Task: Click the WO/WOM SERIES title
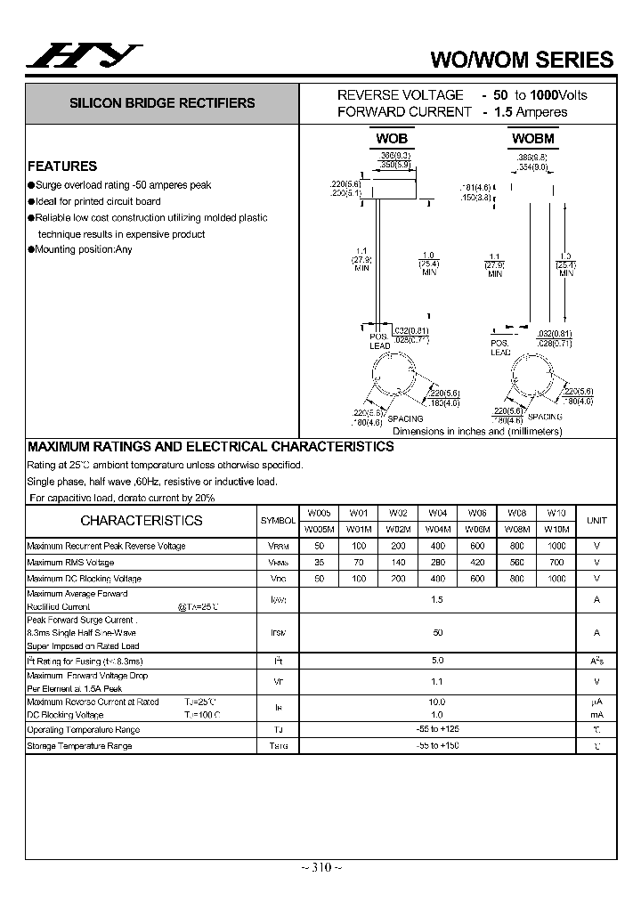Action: [x=522, y=60]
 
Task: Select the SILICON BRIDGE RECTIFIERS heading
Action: [x=162, y=103]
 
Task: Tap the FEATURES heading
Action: [x=62, y=166]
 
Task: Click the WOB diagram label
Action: [x=391, y=139]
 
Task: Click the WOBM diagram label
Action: [x=532, y=139]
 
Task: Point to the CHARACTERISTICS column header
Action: [x=142, y=521]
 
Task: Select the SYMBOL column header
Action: [x=278, y=521]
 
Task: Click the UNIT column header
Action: [x=596, y=521]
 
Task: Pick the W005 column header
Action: [x=319, y=513]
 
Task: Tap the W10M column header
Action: [x=556, y=529]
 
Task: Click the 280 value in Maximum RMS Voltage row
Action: [x=437, y=563]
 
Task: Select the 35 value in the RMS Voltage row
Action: [x=319, y=563]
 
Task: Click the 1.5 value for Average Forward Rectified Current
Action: [x=437, y=600]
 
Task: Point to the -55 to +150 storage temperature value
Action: [x=437, y=745]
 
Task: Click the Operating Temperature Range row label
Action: [x=83, y=730]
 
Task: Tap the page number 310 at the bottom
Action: [x=320, y=868]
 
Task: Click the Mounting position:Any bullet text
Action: [x=83, y=250]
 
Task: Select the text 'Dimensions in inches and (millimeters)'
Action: [x=477, y=432]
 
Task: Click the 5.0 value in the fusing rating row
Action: [x=437, y=662]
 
